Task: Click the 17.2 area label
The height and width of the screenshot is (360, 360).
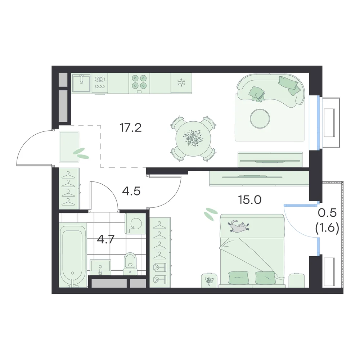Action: point(131,128)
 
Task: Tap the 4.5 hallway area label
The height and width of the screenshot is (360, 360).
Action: point(131,191)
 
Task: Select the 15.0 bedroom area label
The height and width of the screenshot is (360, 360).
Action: point(249,200)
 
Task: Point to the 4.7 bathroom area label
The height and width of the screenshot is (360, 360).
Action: point(105,239)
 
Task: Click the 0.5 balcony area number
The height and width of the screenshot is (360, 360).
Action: point(327,213)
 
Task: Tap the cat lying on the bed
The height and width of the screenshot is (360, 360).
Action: point(238,226)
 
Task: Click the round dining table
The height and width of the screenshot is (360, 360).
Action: point(193,139)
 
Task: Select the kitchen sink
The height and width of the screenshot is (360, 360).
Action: point(81,83)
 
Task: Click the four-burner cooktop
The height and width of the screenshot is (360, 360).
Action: point(139,84)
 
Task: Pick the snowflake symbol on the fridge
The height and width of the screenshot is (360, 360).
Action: point(181,83)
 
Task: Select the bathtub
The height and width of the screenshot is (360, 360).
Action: point(73,255)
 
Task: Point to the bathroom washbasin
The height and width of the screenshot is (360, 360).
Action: point(100,267)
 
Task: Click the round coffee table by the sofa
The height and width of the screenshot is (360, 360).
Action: point(260,119)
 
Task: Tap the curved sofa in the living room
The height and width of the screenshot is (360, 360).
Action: point(271,90)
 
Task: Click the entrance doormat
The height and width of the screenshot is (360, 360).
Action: point(69,147)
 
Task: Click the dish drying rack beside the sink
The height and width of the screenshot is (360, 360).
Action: point(100,84)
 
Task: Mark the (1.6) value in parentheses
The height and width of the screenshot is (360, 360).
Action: point(327,229)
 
